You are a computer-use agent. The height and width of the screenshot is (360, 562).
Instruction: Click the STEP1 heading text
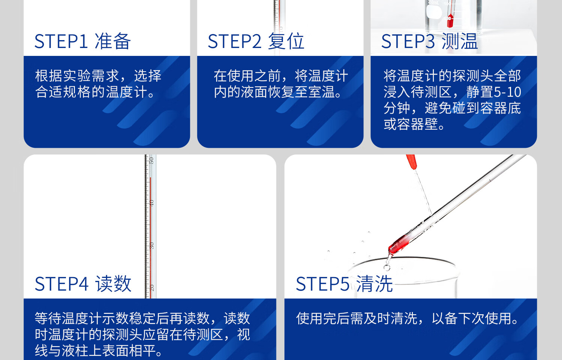82,41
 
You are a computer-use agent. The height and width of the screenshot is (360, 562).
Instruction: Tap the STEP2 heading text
256,41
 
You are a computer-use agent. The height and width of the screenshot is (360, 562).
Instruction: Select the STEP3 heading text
429,41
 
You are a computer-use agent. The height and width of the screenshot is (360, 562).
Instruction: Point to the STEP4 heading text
83,284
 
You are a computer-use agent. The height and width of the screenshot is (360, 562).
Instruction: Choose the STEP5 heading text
344,284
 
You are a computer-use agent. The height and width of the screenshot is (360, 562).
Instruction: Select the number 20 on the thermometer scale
151,288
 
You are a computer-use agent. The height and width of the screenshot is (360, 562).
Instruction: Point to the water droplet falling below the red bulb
387,268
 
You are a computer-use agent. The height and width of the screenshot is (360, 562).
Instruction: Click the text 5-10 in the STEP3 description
507,92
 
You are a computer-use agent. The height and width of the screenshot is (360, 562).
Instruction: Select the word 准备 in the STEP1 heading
113,41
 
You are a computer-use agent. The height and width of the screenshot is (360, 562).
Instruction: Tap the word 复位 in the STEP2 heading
286,41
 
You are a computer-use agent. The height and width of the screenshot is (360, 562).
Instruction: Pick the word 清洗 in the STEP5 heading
375,284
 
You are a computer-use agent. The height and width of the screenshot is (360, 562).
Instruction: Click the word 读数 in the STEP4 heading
114,284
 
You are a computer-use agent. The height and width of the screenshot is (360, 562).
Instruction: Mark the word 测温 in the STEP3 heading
460,41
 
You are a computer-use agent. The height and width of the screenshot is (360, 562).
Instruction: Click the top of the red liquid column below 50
150,178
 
